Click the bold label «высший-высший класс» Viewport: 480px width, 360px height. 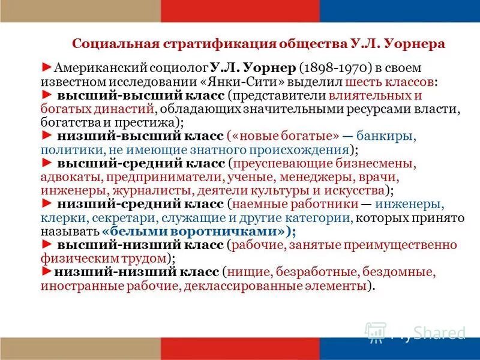140,95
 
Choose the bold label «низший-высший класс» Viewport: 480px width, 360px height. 141,136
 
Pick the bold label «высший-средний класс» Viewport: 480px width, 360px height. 142,163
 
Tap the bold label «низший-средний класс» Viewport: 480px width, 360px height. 141,205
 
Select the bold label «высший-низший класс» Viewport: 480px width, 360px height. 141,245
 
